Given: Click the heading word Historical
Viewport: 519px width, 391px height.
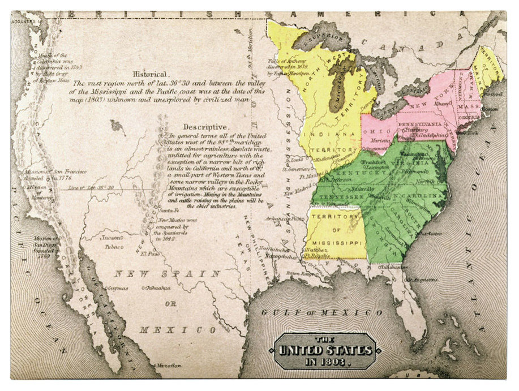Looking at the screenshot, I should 150,74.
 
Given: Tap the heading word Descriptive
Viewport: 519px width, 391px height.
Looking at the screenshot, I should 206,127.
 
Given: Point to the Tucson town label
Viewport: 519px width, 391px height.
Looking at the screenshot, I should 111,238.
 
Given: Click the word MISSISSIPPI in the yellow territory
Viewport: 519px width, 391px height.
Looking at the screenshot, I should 336,242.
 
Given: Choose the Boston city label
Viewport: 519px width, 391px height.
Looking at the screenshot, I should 491,109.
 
